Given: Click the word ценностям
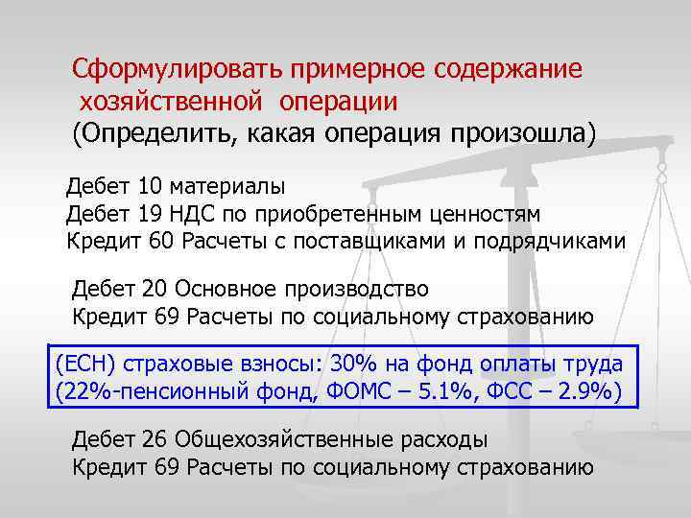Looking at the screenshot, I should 488,213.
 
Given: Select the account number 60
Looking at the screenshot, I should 160,239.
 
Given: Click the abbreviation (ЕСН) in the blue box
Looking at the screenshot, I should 85,365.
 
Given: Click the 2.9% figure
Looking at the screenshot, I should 584,391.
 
